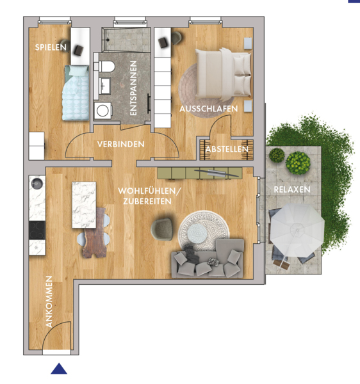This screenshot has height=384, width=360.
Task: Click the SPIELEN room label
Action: click(x=51, y=47)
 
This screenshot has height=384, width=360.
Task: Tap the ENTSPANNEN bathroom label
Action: click(x=133, y=88)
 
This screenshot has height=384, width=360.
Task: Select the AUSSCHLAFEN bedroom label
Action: click(x=209, y=109)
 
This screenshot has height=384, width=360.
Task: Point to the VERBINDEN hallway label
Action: click(x=121, y=144)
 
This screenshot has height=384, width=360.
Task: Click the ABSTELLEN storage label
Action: click(x=227, y=149)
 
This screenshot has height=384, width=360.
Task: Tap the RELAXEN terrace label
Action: click(x=292, y=189)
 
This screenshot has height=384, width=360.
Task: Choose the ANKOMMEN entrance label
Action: click(x=49, y=301)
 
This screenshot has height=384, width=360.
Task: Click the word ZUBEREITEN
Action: click(x=147, y=202)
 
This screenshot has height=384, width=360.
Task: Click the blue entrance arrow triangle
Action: click(x=59, y=369)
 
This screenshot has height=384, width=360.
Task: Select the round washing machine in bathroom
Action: click(x=103, y=111)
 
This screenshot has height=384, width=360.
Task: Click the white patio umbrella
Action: click(x=297, y=230)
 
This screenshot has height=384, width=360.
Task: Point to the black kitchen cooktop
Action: click(x=37, y=230)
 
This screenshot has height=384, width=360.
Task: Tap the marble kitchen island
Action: click(x=84, y=205)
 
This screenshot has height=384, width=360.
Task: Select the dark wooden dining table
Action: click(x=94, y=233)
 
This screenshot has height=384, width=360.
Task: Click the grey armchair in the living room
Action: click(x=162, y=229)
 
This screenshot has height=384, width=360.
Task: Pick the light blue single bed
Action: click(x=76, y=93)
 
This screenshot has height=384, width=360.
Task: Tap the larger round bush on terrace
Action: click(x=298, y=163)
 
